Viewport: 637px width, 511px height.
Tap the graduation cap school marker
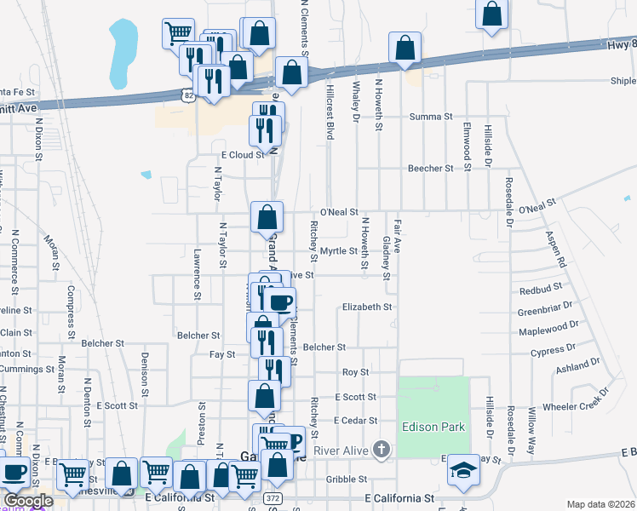463,472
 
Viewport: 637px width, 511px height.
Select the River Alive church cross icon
382,449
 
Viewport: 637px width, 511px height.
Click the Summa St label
431,117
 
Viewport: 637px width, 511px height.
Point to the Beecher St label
430,169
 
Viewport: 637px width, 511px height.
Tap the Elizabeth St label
367,307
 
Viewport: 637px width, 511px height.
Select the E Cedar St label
354,421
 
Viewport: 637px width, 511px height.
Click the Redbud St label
536,290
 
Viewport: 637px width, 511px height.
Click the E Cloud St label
244,155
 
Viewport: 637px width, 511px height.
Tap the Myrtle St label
338,251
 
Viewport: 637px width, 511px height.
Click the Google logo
27,500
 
